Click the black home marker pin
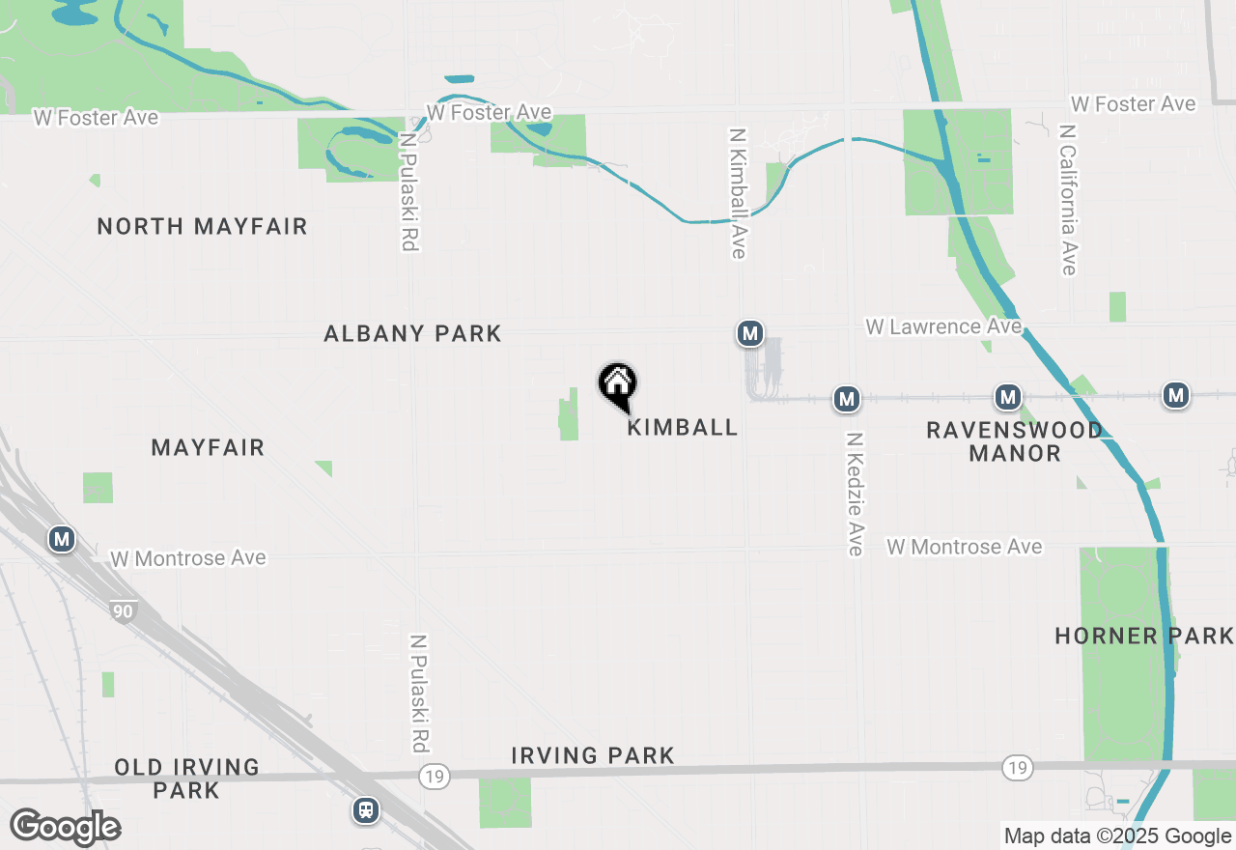(618, 385)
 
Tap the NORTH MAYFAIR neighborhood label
(202, 227)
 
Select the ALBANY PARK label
(412, 334)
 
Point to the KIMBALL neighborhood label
(683, 427)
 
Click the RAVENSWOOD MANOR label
(1014, 441)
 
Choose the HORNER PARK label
(1144, 636)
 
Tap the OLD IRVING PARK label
(187, 779)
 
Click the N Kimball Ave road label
(739, 194)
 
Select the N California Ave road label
(1067, 199)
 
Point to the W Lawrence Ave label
(943, 326)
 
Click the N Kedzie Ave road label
(855, 494)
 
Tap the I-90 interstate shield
(123, 611)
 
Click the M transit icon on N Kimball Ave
(749, 334)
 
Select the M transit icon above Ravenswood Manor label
(1008, 397)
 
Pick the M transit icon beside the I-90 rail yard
(62, 539)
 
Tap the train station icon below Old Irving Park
(366, 809)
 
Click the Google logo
(65, 828)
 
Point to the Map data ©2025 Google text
(1117, 836)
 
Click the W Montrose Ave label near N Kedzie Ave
(965, 547)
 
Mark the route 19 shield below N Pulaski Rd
(435, 776)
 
